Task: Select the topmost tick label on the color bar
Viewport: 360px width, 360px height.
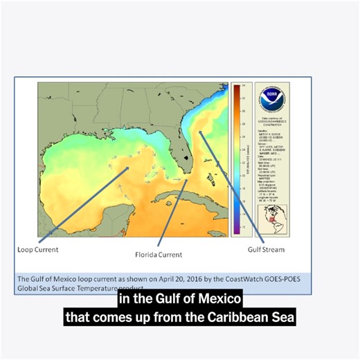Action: (242, 87)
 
